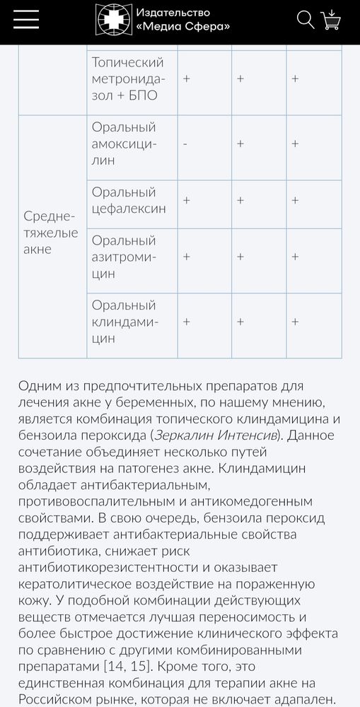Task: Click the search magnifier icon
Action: [306, 20]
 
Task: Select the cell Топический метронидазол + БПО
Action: [128, 78]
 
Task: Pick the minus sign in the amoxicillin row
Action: [185, 144]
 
